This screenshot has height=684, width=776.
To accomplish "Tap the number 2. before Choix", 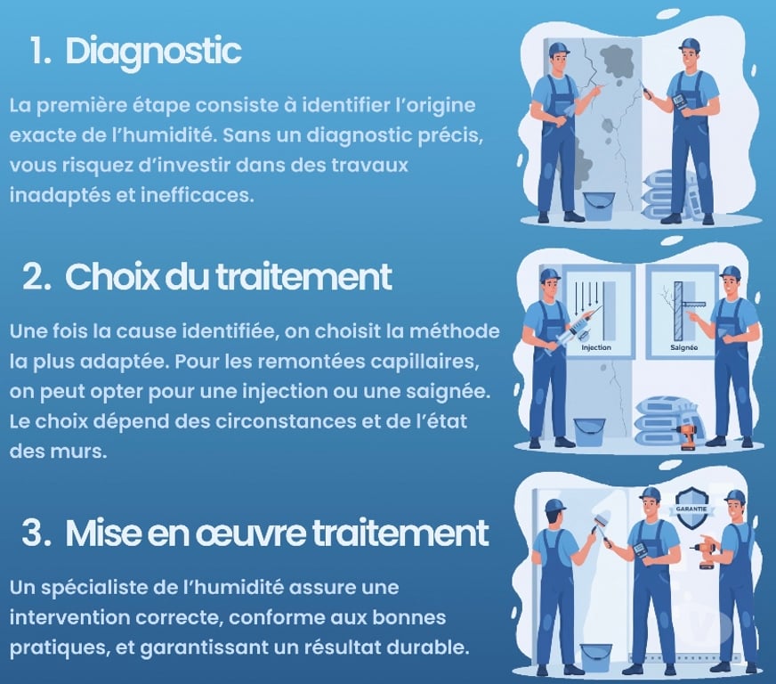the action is [x=36, y=277].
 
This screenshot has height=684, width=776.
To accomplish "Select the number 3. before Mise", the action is [x=36, y=533].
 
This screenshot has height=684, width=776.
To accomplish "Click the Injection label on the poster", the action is [x=596, y=347].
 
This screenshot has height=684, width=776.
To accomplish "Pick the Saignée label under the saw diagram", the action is [x=684, y=347].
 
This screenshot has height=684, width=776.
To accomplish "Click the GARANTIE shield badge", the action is [x=691, y=509].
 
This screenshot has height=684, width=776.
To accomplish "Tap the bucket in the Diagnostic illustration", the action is [x=599, y=206].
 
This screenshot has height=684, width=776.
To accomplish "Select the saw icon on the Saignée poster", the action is [x=694, y=305].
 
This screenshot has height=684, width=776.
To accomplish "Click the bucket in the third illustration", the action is [x=596, y=658].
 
